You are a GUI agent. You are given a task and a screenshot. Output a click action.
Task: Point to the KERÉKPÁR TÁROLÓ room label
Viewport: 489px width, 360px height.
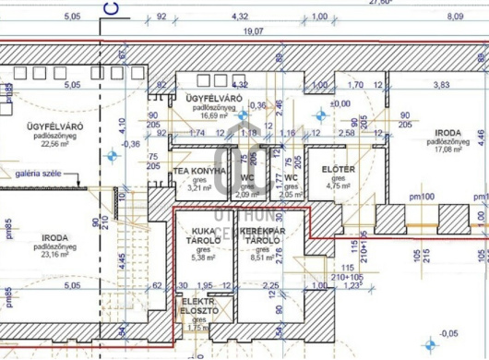pyautogui.click(x=258, y=236)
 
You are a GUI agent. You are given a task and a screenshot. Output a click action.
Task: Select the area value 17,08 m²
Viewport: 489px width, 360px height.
pyautogui.click(x=448, y=150)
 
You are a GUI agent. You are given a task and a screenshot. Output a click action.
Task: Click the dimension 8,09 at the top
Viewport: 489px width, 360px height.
pyautogui.click(x=455, y=17)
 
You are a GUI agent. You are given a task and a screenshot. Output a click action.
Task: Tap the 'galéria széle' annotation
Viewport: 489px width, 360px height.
pyautogui.click(x=39, y=173)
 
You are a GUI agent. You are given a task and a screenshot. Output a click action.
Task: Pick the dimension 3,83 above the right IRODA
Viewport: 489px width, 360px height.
pyautogui.click(x=441, y=85)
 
